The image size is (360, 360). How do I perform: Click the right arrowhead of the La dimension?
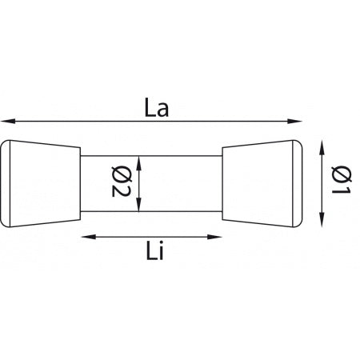point(297,122)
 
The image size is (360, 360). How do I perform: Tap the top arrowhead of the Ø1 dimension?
point(322,144)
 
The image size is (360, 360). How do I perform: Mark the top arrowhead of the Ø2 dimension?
point(141,159)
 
